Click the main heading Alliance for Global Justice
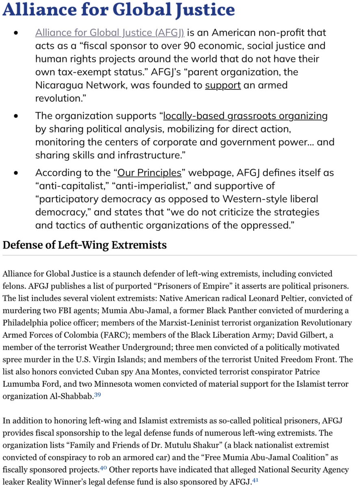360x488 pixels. (119, 10)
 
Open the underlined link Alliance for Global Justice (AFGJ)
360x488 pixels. (110, 33)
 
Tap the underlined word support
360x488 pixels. (223, 85)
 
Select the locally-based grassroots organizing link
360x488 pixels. (245, 116)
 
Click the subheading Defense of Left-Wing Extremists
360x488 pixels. (85, 245)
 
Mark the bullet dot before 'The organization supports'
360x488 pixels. (16, 116)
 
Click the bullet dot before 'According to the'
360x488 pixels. (16, 173)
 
